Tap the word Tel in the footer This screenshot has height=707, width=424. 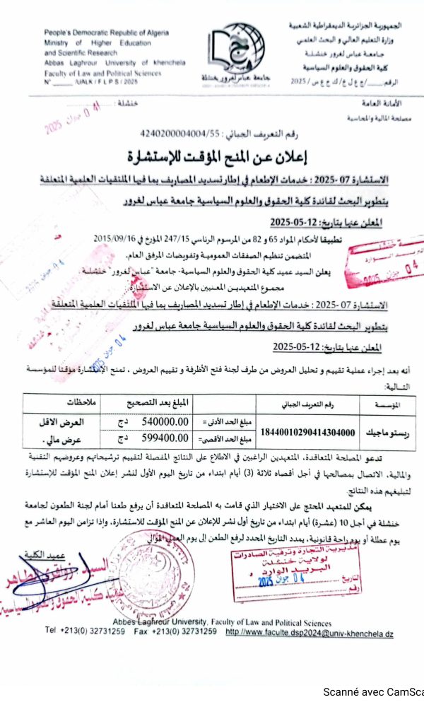coord(50,630)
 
